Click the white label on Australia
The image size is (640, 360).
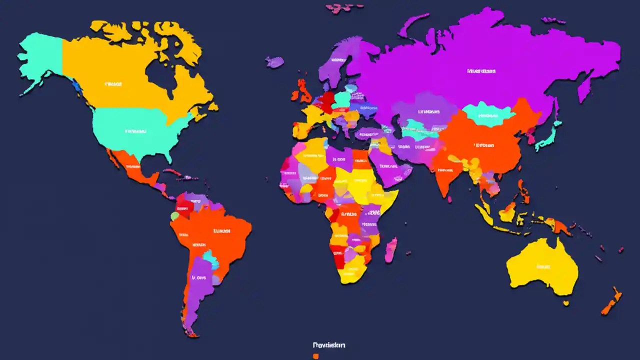(x=543, y=267)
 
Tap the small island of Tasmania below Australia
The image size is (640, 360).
(x=565, y=303)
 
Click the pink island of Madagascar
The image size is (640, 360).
(x=390, y=249)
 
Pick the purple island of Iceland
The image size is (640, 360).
(x=274, y=62)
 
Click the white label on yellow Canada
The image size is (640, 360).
(x=113, y=84)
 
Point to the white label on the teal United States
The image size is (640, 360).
(x=135, y=132)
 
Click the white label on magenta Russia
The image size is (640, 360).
(x=481, y=71)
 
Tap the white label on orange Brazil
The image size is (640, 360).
(x=221, y=231)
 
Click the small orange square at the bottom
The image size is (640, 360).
(x=315, y=356)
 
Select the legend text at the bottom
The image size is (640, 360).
(x=329, y=345)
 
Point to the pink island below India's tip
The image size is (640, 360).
(x=449, y=199)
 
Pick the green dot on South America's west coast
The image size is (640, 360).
(x=174, y=216)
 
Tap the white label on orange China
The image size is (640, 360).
(x=483, y=145)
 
